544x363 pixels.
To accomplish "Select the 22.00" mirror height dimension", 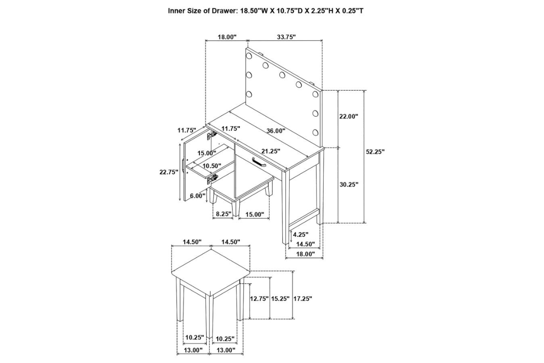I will coord(349,116).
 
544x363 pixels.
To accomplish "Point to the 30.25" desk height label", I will coord(349,185).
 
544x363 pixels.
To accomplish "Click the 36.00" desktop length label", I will coord(276,131).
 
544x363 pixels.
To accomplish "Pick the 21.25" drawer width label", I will coord(271,151).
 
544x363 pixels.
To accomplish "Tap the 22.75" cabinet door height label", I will coord(168,172).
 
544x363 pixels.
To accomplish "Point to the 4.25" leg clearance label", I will coord(301,235).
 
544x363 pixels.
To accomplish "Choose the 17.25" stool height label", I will coord(303,299).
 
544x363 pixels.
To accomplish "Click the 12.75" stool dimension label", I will coord(259,299).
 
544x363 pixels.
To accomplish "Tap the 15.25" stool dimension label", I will coord(281,299).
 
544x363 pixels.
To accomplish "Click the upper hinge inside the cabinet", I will coord(211,135).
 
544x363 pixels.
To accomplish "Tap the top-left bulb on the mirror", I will coord(249,55).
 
